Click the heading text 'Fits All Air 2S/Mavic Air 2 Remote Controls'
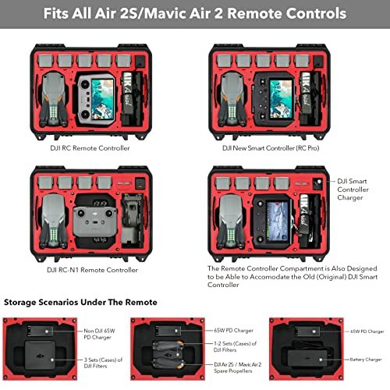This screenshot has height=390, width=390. click(195, 14)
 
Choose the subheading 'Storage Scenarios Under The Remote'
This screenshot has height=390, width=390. click(81, 302)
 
